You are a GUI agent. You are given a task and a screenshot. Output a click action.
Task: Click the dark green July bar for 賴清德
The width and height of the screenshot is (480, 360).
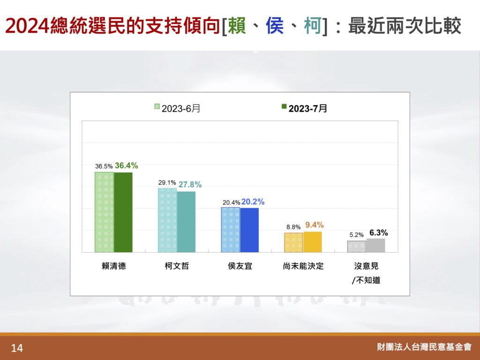tap(123, 212)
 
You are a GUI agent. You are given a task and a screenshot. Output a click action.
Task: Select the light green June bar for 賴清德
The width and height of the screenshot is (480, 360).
tap(105, 212)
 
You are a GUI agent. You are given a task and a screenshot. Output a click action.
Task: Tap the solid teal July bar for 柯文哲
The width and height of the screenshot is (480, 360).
tap(186, 222)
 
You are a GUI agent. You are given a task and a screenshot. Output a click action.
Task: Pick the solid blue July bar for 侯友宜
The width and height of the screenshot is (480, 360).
tap(249, 230)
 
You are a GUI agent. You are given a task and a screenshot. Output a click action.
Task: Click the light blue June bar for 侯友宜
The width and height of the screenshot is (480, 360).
tap(231, 230)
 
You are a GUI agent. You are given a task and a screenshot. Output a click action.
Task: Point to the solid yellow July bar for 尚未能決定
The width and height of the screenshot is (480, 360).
tap(313, 242)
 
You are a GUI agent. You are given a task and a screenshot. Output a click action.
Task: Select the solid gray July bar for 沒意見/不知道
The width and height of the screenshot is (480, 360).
tap(375, 246)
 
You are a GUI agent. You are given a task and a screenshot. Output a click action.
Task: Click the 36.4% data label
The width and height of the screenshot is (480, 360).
tap(127, 165)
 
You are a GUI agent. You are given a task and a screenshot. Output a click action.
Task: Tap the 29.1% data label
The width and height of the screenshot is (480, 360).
tap(167, 183)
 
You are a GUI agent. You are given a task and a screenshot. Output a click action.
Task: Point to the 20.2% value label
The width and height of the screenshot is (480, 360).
tap(253, 202)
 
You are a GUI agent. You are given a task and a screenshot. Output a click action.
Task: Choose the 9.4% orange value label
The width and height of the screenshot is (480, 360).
tap(315, 225)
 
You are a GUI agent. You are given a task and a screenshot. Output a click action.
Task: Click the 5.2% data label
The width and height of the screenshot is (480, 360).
tap(357, 235)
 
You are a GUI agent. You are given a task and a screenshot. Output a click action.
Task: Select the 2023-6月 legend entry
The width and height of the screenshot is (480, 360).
tap(177, 108)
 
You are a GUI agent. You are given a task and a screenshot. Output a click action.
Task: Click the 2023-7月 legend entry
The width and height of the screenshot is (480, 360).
tap(304, 108)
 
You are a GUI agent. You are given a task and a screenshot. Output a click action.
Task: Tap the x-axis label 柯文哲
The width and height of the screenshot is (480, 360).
tap(177, 266)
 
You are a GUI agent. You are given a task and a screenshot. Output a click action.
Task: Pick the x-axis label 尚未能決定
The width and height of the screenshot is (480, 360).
tap(303, 266)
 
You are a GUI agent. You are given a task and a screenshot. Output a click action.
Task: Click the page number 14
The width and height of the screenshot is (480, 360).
tap(17, 348)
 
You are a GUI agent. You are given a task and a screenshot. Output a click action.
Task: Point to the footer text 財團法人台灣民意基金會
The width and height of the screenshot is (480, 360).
tap(424, 347)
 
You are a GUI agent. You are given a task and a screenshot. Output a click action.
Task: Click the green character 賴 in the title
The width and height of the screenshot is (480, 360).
tap(237, 25)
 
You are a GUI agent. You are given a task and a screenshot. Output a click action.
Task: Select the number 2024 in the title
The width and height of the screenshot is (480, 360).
tap(28, 26)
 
